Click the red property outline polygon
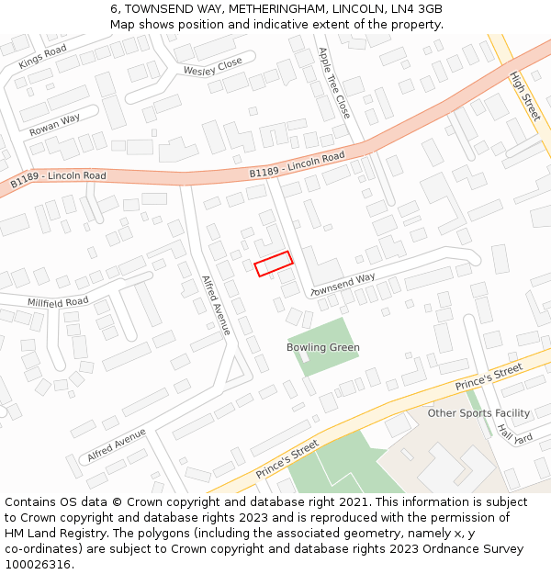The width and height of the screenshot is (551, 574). coord(273,264)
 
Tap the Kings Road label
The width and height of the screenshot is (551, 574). coord(42,57)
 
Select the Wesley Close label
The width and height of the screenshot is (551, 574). coord(212,66)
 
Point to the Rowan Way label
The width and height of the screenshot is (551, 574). coord(54,125)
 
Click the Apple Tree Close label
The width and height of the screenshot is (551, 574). coord(333,82)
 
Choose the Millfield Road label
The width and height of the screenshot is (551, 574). coord(58,301)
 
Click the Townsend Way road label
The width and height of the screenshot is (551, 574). coord(343,284)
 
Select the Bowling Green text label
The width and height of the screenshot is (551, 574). coord(323,348)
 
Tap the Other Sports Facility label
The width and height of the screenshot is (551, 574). coord(478,413)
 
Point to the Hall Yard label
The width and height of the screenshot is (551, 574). coord(514,432)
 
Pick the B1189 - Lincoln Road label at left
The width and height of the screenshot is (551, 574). coord(58,179)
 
